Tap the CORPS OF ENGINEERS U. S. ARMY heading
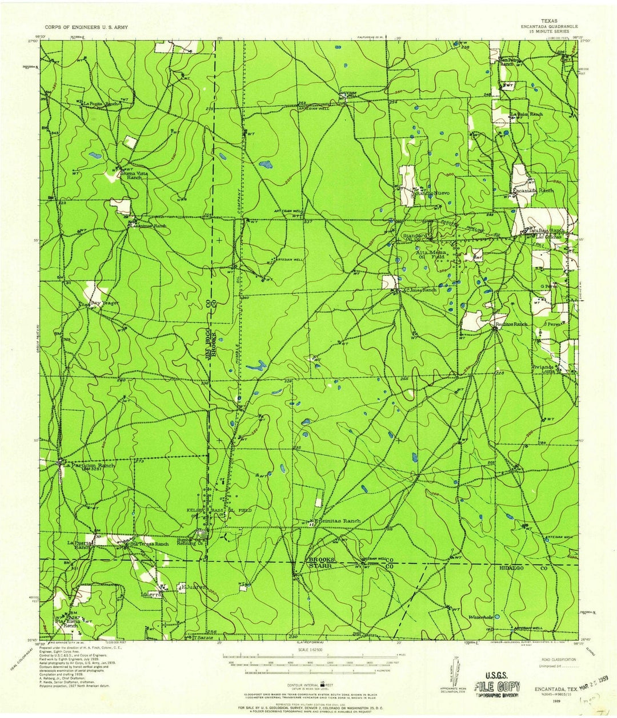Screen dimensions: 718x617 (x=86, y=27)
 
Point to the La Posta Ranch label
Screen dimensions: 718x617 (x=101, y=104)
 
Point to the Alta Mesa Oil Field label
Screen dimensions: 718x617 (x=431, y=254)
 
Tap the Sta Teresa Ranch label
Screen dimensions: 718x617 (x=150, y=544)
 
